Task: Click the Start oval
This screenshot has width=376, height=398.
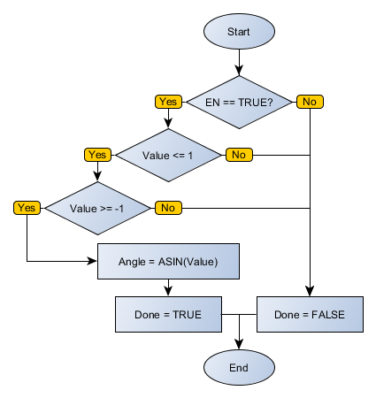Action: point(239,31)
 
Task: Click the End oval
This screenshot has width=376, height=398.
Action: point(239,366)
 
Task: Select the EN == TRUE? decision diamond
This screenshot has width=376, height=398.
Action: point(238,102)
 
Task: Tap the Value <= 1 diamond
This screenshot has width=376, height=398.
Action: point(167,155)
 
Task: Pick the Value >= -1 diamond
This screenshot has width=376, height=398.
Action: point(96,208)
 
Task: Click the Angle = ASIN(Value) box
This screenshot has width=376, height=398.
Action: point(167,261)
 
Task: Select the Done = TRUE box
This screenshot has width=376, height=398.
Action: point(168,314)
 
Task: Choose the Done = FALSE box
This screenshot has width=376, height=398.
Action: point(310,314)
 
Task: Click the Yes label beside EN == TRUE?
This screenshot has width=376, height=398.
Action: point(168,102)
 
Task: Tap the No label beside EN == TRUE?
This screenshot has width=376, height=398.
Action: point(309,102)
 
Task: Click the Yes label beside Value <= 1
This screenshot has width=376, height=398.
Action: point(97,155)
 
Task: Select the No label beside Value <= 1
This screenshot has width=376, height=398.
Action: point(238,155)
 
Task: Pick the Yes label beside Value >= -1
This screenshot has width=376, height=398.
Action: point(27,208)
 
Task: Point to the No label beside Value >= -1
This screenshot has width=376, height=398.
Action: point(167,208)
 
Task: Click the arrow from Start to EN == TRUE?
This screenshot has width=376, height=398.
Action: point(239,62)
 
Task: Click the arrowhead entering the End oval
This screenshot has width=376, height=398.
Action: point(239,343)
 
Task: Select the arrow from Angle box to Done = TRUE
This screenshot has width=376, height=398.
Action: point(168,287)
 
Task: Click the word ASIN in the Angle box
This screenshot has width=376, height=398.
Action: point(176,261)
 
